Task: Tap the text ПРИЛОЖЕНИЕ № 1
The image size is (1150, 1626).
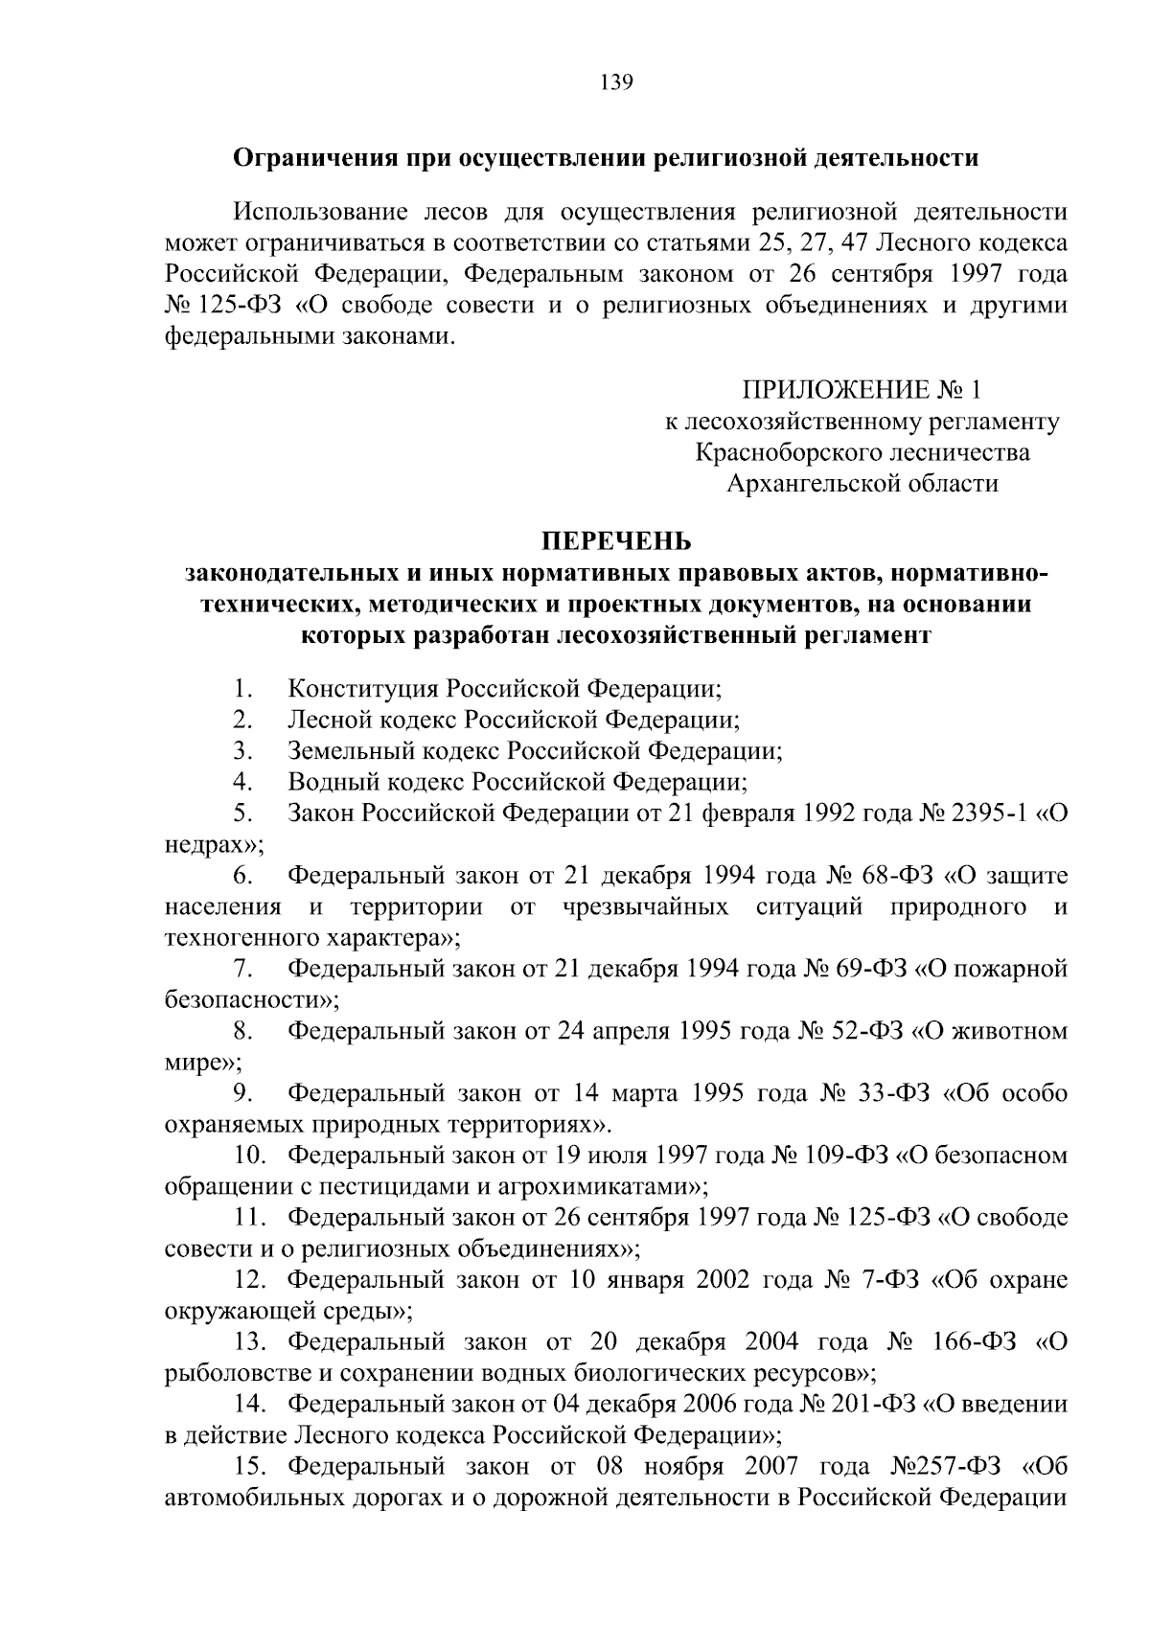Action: tap(862, 390)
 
